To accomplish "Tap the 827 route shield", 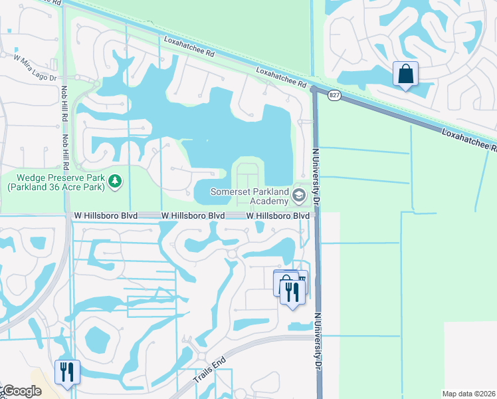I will [334, 96].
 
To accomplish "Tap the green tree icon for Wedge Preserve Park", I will [115, 181].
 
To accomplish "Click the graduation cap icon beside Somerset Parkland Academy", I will [298, 196].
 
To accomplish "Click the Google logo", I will [21, 392].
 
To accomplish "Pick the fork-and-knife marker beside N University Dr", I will [292, 291].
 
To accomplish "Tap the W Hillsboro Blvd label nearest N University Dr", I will [278, 216].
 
